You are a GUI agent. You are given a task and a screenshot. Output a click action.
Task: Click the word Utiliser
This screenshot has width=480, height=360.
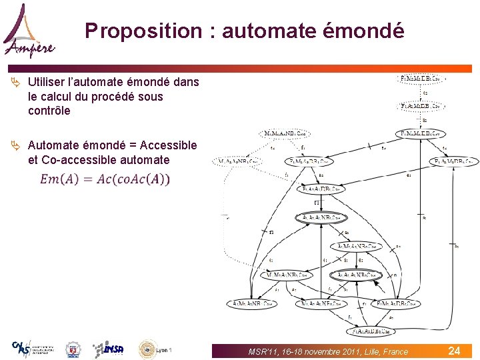[x=51, y=82]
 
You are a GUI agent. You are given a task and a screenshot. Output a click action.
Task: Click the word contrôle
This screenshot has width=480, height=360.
[x=49, y=111]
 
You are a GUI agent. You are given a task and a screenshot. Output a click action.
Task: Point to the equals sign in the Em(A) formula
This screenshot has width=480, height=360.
[x=87, y=179]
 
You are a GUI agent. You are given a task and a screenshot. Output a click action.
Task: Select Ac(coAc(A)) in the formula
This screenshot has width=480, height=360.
[x=133, y=179]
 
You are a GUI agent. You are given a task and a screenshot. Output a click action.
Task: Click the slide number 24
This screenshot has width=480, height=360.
[x=454, y=351]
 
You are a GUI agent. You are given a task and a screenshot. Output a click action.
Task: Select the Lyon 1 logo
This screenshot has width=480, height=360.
[x=155, y=349]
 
